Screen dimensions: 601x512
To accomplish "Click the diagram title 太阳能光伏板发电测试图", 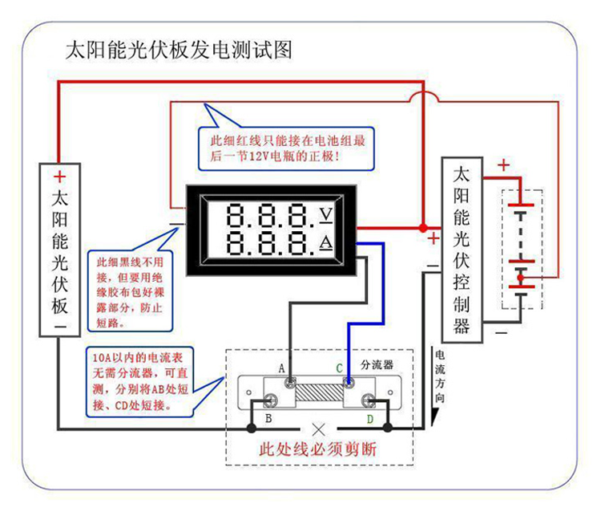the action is point(179,50).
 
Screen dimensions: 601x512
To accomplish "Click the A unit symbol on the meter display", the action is point(326,242).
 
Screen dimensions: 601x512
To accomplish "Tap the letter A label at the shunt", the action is point(282,368).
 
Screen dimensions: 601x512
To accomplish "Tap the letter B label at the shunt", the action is point(268,418).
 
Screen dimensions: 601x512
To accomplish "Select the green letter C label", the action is point(339,368).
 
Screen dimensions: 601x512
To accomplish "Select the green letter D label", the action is point(370,419).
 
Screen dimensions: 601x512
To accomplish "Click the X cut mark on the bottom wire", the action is point(318,430).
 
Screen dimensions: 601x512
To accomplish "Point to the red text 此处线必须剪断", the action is point(318,449).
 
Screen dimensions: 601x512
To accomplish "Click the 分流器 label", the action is point(377,364).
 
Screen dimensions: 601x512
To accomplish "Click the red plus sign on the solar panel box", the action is point(60,177).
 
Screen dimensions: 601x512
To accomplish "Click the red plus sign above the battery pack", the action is point(504,165).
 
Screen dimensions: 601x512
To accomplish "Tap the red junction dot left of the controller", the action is point(423,228).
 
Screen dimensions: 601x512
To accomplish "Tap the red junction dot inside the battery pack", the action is point(520,277).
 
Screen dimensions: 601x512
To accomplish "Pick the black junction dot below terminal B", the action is point(251,428).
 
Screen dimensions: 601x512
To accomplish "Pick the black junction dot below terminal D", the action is point(388,428).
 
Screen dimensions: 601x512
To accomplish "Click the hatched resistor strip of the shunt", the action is point(319,392).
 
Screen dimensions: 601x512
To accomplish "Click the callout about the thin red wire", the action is point(286,148).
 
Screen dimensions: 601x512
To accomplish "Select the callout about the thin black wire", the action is point(130,291).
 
